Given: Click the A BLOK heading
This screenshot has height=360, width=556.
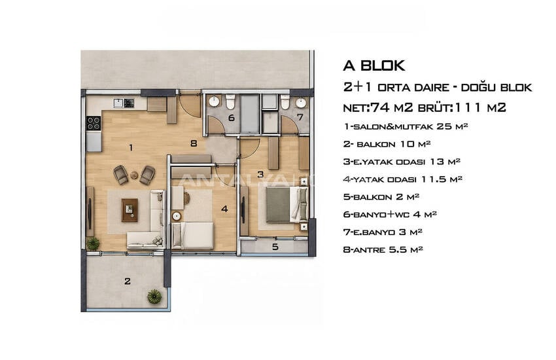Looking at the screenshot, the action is [x=374, y=65].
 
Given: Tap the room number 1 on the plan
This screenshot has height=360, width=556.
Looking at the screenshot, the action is [x=131, y=147].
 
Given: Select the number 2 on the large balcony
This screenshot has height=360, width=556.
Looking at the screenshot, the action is [x=128, y=281].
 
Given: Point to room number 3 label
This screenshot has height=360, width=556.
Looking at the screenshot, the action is [x=260, y=174].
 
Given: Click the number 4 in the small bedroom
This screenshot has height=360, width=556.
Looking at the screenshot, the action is [x=224, y=209].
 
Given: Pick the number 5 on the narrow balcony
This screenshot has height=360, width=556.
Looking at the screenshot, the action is [x=275, y=247].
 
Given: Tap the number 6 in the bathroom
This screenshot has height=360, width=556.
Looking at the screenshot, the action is [x=232, y=118].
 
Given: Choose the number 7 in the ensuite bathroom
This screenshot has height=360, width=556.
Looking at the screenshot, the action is [x=300, y=117].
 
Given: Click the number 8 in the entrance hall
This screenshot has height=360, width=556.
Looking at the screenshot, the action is [x=193, y=143].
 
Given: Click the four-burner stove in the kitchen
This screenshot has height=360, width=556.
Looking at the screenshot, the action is [x=94, y=123].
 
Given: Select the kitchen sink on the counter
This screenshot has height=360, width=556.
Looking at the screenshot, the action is [x=118, y=103].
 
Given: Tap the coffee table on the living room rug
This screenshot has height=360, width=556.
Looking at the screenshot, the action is [x=130, y=210].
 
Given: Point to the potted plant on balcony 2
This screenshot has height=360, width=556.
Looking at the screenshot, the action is [x=154, y=296].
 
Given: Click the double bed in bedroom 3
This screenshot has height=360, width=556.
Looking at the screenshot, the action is [x=287, y=205].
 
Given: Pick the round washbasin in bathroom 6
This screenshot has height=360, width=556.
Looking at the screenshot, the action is [x=214, y=102].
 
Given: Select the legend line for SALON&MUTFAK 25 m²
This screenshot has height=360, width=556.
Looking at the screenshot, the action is [x=406, y=126].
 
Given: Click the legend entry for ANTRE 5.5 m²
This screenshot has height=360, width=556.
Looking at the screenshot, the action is [x=383, y=249].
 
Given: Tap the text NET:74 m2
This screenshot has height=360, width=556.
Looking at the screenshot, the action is [x=378, y=107].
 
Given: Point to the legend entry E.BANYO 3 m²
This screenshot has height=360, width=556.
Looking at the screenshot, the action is [x=383, y=232].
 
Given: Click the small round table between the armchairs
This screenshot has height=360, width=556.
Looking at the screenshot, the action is [x=134, y=175].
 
